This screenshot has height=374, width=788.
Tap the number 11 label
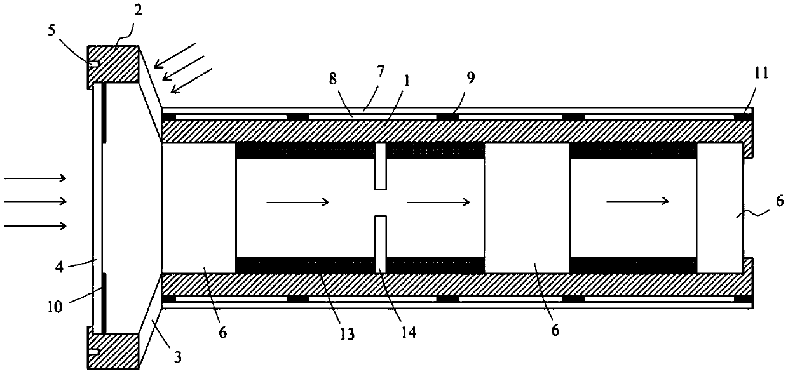point(761,73)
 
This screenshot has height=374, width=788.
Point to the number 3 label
point(178,358)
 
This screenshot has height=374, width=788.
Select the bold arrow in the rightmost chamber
point(636,201)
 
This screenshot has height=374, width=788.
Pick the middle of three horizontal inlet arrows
point(35,201)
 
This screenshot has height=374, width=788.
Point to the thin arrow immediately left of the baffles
point(297,203)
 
